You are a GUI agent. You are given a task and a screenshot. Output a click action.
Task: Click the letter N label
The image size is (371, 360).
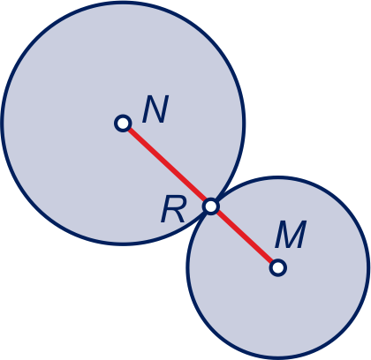pyautogui.click(x=155, y=109)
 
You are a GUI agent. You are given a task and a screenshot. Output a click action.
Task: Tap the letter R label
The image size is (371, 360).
pyautogui.click(x=173, y=210)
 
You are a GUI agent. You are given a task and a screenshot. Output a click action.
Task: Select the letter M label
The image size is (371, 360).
pyautogui.click(x=291, y=235)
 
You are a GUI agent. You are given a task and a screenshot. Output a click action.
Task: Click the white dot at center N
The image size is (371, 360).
pyautogui.click(x=123, y=124)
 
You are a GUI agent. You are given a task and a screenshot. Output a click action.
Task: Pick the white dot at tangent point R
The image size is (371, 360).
pyautogui.click(x=211, y=206)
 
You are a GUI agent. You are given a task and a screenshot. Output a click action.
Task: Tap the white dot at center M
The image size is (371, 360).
pyautogui.click(x=278, y=268)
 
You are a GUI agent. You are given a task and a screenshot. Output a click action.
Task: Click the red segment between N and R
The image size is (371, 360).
pyautogui.click(x=167, y=165)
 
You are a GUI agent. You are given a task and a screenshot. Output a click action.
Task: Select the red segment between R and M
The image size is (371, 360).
pyautogui.click(x=245, y=237)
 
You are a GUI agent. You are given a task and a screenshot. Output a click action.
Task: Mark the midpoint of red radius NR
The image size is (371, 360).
pyautogui.click(x=167, y=165)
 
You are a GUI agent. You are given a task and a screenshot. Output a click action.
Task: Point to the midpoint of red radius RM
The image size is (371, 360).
pyautogui.click(x=245, y=237)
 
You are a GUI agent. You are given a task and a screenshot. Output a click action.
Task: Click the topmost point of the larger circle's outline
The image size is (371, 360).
pyautogui.click(x=123, y=3)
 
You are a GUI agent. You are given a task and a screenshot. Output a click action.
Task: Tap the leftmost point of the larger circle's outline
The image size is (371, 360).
pyautogui.click(x=2, y=124)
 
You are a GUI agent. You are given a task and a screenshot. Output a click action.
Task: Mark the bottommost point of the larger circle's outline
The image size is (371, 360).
pyautogui.click(x=123, y=244)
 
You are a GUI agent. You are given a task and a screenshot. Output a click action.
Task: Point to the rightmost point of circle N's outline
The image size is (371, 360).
pyautogui.click(x=244, y=124)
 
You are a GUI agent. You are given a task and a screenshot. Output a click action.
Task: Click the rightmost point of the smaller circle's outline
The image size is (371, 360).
pyautogui.click(x=368, y=268)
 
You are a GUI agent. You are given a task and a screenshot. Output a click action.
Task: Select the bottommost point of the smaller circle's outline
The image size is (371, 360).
pyautogui.click(x=278, y=358)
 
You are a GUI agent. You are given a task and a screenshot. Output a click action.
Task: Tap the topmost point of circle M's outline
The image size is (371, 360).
pyautogui.click(x=278, y=177)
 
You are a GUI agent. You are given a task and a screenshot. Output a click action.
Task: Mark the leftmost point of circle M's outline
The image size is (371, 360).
pyautogui.click(x=187, y=268)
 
